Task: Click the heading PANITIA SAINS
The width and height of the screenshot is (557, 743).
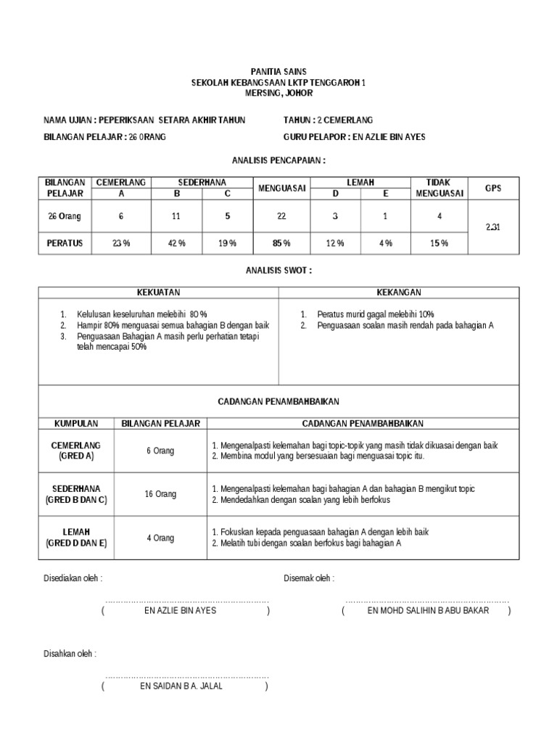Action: point(278,72)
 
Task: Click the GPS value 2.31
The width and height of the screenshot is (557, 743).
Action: point(493,227)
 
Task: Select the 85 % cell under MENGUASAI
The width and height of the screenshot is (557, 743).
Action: point(282,243)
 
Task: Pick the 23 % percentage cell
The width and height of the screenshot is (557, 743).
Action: point(121,243)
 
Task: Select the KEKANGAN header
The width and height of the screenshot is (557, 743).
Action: point(398,292)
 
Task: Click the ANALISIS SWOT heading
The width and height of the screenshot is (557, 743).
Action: point(278,270)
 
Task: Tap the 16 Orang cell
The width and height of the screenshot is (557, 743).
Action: point(160,494)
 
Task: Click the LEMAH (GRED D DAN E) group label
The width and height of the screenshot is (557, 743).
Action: point(76,537)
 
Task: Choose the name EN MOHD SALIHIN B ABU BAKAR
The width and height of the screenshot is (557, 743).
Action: point(428,610)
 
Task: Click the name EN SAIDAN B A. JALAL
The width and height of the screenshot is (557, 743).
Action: point(186,686)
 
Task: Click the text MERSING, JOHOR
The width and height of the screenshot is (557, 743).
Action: point(278,94)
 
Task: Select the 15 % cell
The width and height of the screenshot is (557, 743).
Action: point(438,243)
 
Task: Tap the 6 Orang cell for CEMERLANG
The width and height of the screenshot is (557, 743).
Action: point(160,451)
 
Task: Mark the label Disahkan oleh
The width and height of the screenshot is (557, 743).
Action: point(70,654)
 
